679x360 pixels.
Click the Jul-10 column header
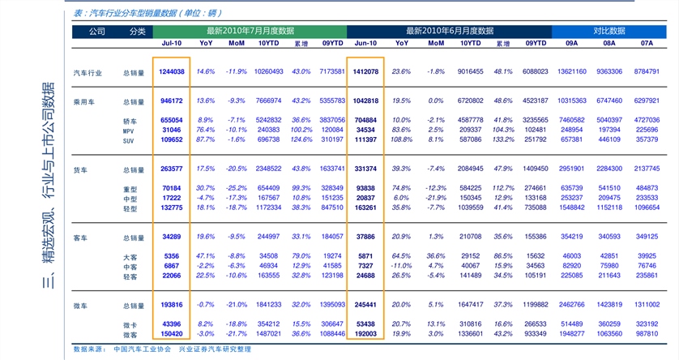click(x=171, y=43)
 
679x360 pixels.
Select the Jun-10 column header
click(x=365, y=43)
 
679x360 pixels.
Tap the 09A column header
click(x=571, y=43)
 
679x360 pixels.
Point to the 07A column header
click(x=647, y=43)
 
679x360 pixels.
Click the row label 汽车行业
click(x=88, y=72)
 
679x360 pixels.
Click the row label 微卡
click(x=130, y=324)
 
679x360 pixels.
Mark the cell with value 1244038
click(x=171, y=72)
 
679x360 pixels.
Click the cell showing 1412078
click(x=365, y=72)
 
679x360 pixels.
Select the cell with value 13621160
click(x=571, y=72)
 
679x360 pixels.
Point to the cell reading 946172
click(x=171, y=101)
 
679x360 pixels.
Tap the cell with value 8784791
click(x=647, y=72)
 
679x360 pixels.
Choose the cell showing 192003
click(x=365, y=334)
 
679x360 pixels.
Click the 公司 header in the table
click(x=96, y=31)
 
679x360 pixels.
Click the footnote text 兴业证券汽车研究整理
click(x=215, y=349)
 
